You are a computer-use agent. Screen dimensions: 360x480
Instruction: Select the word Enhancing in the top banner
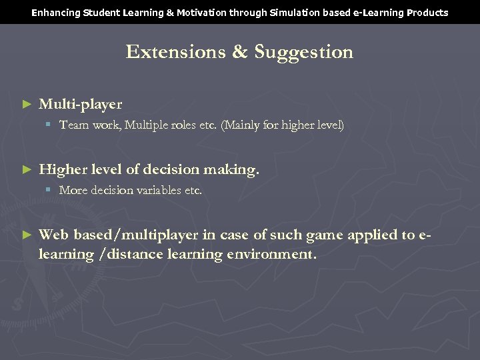[x=55, y=13]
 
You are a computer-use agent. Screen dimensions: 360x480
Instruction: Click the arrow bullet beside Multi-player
[x=27, y=105]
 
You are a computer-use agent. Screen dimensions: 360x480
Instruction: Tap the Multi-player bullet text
[x=80, y=105]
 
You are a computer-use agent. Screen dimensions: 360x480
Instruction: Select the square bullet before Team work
[x=49, y=125]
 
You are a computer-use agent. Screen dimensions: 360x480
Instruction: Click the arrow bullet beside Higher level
[x=27, y=170]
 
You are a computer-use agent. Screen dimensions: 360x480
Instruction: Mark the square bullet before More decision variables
[x=49, y=190]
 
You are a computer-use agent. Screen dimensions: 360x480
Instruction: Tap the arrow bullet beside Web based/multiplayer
[x=27, y=235]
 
